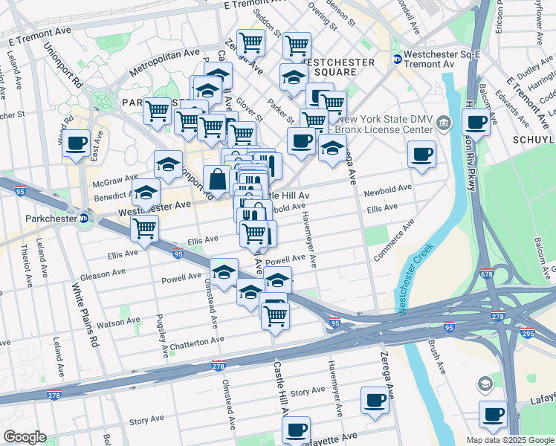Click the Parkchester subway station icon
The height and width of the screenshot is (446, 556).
(x=84, y=219)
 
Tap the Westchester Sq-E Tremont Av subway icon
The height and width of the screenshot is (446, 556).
(x=398, y=59)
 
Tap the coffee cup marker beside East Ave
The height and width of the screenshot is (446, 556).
(x=76, y=143)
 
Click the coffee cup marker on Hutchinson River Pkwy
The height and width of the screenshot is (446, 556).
(x=476, y=121)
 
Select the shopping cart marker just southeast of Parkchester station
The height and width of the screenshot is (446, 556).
(x=144, y=228)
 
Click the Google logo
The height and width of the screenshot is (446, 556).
(x=25, y=437)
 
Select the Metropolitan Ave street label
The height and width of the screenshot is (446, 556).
(x=164, y=63)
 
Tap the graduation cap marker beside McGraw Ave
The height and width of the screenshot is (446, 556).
(x=168, y=162)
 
